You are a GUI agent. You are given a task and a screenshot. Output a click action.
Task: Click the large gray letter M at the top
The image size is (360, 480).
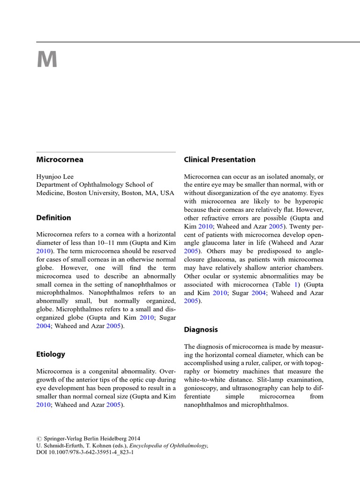point(47,60)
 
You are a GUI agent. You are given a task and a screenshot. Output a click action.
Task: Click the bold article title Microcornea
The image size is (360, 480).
point(60,159)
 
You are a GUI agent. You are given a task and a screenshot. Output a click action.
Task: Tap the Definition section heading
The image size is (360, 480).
point(54,217)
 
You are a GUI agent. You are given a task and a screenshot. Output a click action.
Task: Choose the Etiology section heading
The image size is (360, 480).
point(51,354)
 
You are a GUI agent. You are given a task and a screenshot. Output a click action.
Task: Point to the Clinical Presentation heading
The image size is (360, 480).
point(219,159)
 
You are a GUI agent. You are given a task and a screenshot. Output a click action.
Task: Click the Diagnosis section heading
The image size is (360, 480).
point(201,330)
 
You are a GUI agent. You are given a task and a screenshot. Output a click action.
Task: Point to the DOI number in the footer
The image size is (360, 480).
point(91,453)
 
